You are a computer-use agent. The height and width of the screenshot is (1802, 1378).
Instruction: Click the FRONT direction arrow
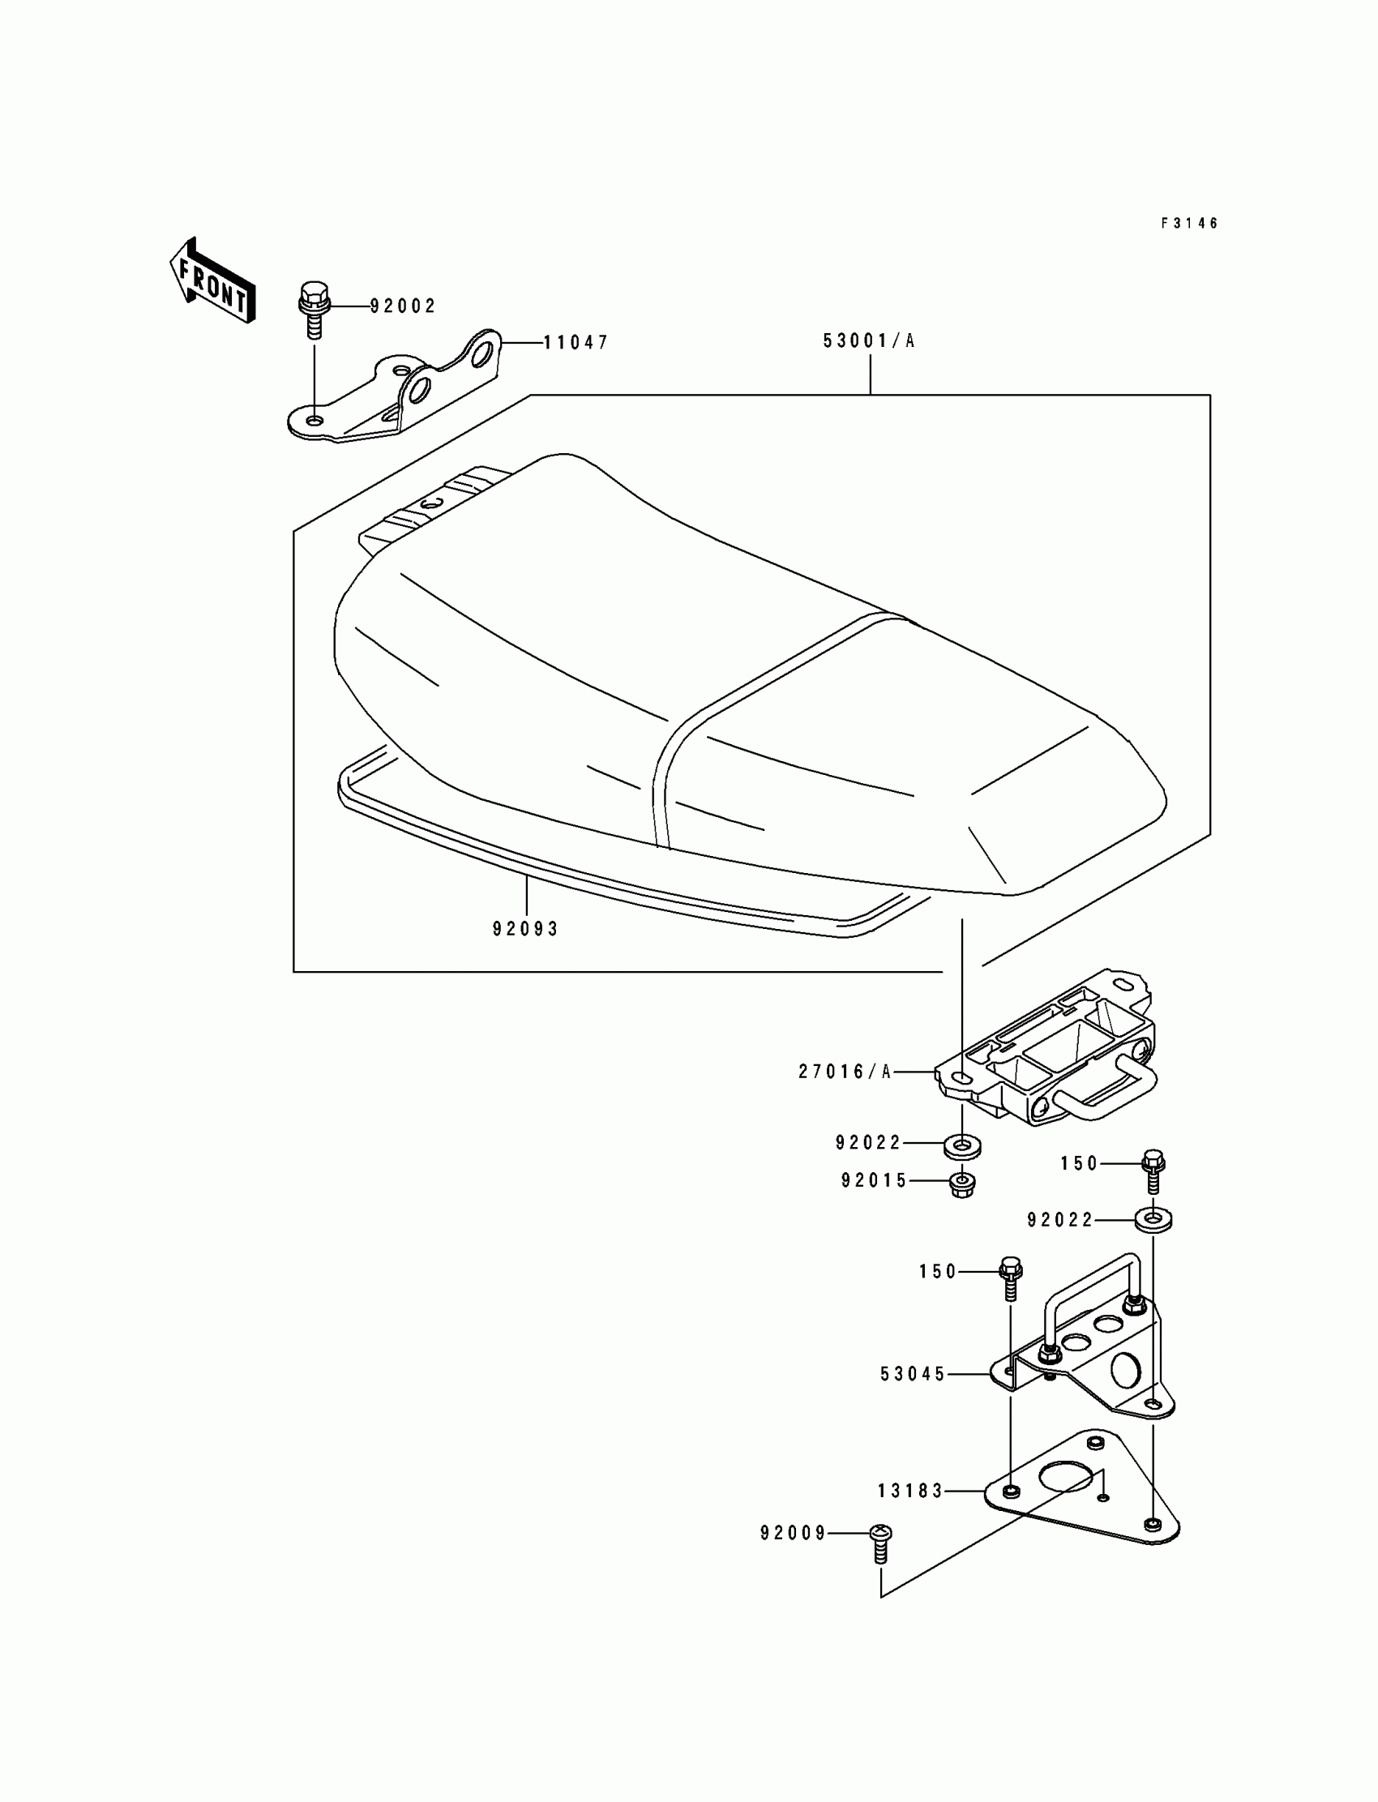[212, 280]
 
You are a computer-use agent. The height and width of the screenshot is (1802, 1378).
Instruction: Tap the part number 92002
[403, 306]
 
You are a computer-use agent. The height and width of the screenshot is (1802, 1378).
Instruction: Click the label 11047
[576, 343]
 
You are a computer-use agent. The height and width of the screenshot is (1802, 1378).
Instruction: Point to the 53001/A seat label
[870, 341]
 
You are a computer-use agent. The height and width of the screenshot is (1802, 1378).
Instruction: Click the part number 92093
[526, 929]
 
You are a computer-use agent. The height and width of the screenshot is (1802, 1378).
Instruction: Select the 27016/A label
[845, 1072]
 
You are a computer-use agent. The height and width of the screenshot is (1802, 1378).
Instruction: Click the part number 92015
[875, 1181]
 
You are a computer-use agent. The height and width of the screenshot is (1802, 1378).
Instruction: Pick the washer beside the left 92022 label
[962, 1145]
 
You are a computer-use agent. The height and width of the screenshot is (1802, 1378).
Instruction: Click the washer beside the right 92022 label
[1153, 1220]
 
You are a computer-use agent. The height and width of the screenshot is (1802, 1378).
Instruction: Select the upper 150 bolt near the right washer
[1153, 1170]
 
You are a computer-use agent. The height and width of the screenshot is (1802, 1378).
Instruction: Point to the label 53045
[914, 1374]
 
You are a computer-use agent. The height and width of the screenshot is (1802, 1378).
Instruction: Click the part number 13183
[911, 1492]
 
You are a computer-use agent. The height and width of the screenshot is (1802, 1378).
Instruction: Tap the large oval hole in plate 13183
[1064, 1476]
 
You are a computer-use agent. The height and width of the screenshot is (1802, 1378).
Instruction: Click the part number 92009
[794, 1534]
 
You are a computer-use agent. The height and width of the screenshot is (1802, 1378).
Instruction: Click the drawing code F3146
[1189, 223]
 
